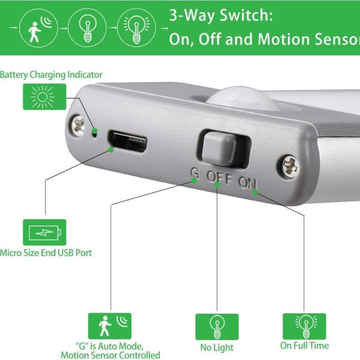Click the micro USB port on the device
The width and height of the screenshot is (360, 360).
[x=128, y=142]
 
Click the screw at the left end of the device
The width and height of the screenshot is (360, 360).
[x=78, y=126]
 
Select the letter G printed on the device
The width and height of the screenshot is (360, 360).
[x=194, y=173]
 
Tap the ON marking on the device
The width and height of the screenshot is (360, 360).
[x=247, y=183]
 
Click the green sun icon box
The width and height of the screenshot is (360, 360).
[x=44, y=97]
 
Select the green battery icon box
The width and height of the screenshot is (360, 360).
[x=44, y=232]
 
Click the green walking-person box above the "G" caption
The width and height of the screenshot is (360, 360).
[x=110, y=326]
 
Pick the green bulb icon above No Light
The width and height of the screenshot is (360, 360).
[x=217, y=327]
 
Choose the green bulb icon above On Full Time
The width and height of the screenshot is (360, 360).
[x=304, y=326]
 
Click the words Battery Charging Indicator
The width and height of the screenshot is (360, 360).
[x=51, y=75]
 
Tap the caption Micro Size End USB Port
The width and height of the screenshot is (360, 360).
[x=46, y=253]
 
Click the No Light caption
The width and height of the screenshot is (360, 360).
[x=217, y=347]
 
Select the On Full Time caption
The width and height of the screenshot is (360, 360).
[x=304, y=346]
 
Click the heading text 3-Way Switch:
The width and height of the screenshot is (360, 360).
[x=221, y=16]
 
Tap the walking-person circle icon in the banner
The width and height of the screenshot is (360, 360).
[x=38, y=28]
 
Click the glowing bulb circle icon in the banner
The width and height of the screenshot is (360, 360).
[x=136, y=28]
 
